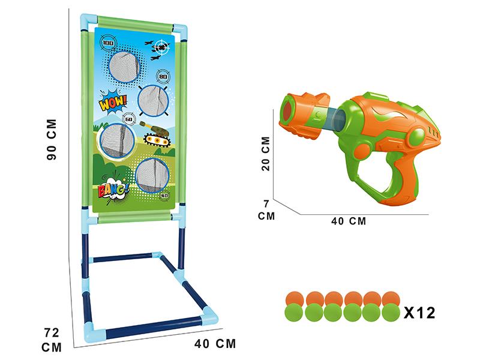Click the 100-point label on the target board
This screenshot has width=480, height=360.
click(x=109, y=43)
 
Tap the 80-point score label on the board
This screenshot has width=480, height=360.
click(x=163, y=76)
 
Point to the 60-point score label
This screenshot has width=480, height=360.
click(x=128, y=119)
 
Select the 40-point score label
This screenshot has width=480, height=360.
click(x=164, y=194)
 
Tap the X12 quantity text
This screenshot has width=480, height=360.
click(x=419, y=312)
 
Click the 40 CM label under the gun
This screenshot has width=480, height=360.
click(x=348, y=221)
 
